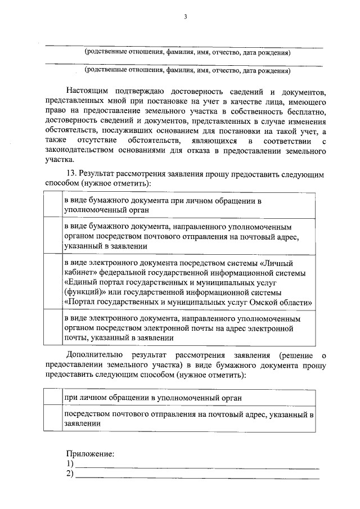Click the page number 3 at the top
[184, 17]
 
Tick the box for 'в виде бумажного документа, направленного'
[53, 236]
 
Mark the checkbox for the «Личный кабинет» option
[53, 282]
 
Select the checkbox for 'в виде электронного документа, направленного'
[53, 328]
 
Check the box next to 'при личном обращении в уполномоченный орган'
[53, 398]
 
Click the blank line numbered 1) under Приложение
[197, 464]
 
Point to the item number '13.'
[72, 174]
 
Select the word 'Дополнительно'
[94, 355]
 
